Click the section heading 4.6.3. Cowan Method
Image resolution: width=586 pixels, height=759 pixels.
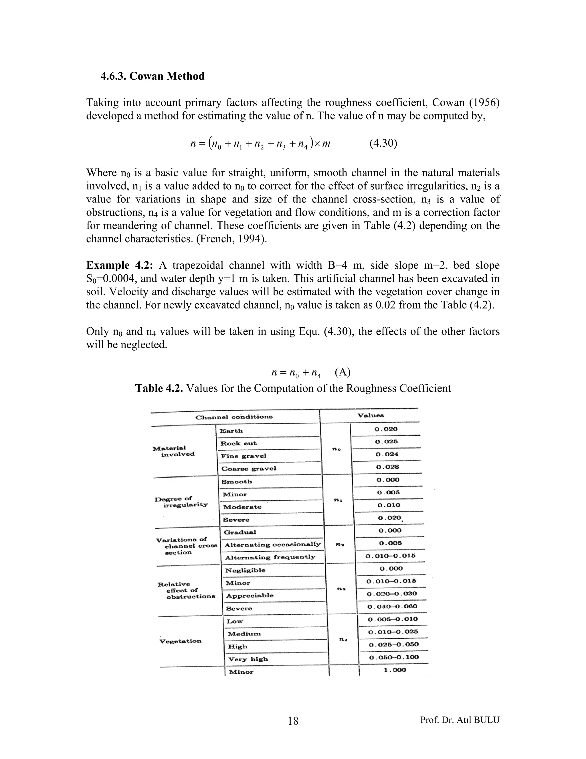[153, 76]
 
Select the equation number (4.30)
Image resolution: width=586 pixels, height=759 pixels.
[383, 143]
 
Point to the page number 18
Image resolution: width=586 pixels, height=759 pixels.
[293, 721]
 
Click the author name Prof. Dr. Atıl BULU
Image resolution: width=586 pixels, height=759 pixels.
[460, 720]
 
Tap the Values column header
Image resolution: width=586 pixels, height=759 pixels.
[371, 416]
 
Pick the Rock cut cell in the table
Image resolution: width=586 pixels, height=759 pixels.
[239, 443]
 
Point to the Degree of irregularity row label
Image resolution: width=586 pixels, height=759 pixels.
[181, 502]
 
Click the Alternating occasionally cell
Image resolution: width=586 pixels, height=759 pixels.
[272, 544]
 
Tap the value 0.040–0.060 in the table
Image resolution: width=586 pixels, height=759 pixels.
[392, 606]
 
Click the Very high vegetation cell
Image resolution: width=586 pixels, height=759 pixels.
[248, 659]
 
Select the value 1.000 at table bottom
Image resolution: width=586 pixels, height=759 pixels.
[395, 670]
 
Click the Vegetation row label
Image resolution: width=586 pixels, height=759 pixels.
[180, 641]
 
